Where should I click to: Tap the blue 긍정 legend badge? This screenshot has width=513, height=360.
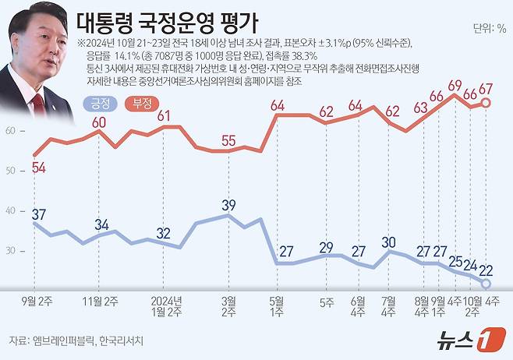(98, 102)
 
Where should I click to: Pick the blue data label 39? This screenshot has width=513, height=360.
(229, 205)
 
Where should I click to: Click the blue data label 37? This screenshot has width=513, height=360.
(37, 214)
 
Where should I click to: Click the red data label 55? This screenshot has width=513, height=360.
(228, 140)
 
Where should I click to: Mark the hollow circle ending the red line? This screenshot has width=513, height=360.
(486, 103)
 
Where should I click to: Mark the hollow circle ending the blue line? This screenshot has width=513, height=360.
(486, 284)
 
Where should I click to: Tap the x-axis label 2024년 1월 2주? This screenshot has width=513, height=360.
(164, 305)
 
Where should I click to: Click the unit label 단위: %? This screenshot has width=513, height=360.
(489, 29)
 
